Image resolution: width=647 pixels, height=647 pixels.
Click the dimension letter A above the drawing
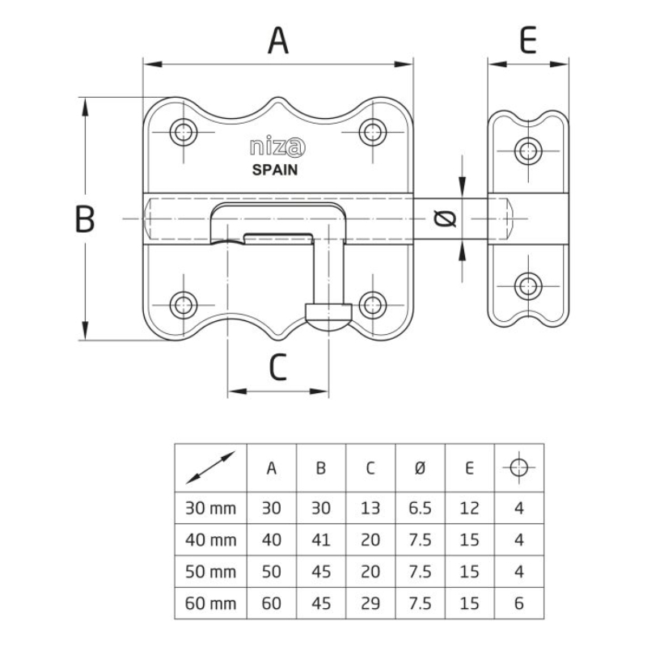(278, 40)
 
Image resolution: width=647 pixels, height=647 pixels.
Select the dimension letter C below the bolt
(277, 369)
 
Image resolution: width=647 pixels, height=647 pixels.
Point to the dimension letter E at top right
(528, 40)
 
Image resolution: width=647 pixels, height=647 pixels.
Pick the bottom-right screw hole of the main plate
(372, 305)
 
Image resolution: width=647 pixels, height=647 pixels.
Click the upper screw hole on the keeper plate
(529, 150)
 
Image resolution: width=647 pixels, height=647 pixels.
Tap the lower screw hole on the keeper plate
(529, 285)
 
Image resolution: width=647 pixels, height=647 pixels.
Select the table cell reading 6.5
(420, 509)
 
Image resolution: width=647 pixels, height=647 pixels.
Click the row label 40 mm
(210, 540)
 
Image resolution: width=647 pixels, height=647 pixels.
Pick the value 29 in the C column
(370, 603)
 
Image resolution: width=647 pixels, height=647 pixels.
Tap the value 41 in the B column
(321, 540)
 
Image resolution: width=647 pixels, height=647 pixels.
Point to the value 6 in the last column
(518, 603)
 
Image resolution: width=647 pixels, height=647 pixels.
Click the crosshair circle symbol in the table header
(518, 467)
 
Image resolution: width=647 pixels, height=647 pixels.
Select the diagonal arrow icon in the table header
(210, 467)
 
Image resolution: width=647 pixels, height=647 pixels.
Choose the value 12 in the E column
(469, 509)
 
